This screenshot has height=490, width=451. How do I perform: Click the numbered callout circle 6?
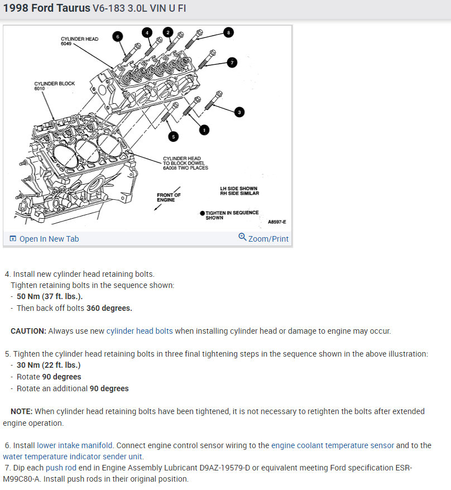[117, 36]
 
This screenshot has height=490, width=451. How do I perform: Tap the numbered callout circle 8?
[228, 32]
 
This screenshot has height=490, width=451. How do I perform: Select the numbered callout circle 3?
[239, 112]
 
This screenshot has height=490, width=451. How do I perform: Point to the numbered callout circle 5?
[173, 136]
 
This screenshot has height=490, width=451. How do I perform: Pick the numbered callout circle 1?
[204, 129]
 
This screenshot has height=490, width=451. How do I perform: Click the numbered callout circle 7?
[233, 63]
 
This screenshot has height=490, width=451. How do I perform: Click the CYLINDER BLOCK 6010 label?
[55, 86]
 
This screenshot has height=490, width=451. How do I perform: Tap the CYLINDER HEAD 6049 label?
[79, 41]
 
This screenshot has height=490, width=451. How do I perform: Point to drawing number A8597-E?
[277, 222]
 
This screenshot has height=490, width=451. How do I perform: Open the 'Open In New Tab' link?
[44, 239]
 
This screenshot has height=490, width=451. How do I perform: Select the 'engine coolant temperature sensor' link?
[333, 445]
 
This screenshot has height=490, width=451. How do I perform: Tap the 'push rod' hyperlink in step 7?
[61, 468]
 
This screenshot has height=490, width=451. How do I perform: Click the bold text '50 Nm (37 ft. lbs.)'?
[50, 296]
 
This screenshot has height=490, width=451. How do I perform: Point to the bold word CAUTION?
[28, 331]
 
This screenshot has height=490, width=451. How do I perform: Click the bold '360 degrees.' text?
[109, 308]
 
